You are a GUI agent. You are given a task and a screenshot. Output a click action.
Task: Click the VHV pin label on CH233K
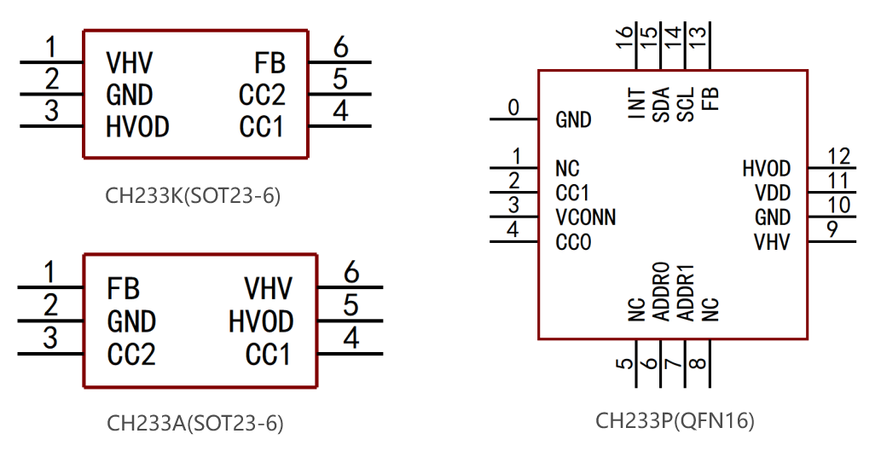coord(130,62)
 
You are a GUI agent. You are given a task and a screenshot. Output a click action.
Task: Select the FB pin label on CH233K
coord(270,63)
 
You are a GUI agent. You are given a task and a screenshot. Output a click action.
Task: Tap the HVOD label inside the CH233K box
coord(137,127)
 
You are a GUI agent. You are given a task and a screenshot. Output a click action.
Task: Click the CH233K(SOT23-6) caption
coord(193,196)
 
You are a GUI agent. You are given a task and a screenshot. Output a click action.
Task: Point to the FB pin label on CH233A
coord(123,289)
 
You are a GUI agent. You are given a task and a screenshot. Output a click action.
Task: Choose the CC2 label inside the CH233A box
coord(131,355)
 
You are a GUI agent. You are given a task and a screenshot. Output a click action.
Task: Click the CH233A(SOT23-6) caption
coord(195,423)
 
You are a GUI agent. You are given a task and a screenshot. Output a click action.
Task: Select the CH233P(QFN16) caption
coord(675,420)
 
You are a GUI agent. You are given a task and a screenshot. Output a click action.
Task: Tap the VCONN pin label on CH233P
coord(585,217)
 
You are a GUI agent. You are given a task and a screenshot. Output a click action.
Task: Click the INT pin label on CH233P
coord(636,103)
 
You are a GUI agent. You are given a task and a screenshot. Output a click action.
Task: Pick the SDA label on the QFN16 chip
coord(661,105)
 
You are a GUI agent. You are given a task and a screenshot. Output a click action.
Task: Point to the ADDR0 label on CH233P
coord(661,292)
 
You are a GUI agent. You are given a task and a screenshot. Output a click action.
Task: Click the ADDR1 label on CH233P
coord(686,293)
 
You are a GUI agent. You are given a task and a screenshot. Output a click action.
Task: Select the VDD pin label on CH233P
coord(773,193)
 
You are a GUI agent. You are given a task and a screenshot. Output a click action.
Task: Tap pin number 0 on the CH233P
coord(513,107)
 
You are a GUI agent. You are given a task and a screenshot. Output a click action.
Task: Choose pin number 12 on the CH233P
coord(839,156)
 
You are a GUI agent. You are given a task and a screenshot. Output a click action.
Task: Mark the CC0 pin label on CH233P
coord(573,242)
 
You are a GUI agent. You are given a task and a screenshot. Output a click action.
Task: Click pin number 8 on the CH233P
coord(698,363)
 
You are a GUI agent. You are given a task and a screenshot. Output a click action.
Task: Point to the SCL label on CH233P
coord(686,105)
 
